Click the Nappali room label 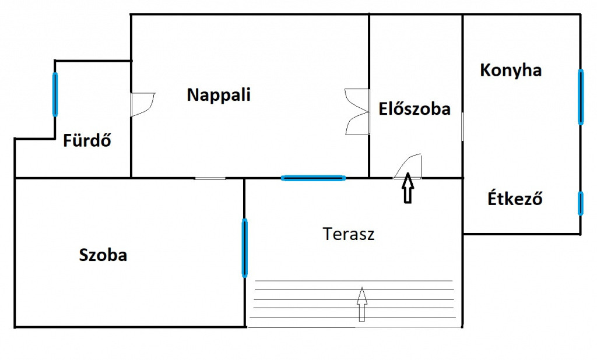point(219,95)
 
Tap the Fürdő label point(87,140)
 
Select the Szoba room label point(103,255)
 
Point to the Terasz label point(349,234)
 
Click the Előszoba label point(415,109)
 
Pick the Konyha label point(511,70)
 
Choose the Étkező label point(515,199)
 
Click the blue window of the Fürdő point(55,94)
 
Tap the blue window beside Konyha point(581,97)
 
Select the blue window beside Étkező point(581,204)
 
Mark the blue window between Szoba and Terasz point(244,248)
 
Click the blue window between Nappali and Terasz point(313,178)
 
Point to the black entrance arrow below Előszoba point(408,188)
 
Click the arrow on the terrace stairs point(361,304)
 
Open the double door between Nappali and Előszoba point(358,111)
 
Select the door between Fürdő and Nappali point(142,104)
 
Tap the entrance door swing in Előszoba point(408,166)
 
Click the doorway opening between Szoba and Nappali point(210,178)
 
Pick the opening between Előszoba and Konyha point(462,126)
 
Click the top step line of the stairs point(354,281)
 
